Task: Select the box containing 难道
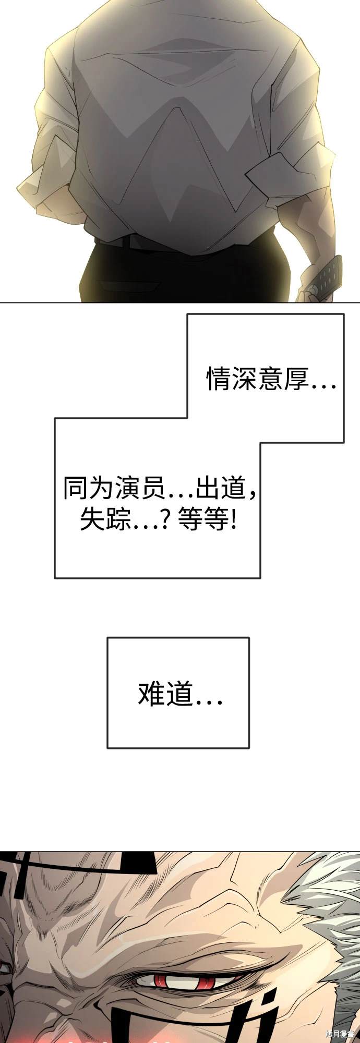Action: point(178,693)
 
